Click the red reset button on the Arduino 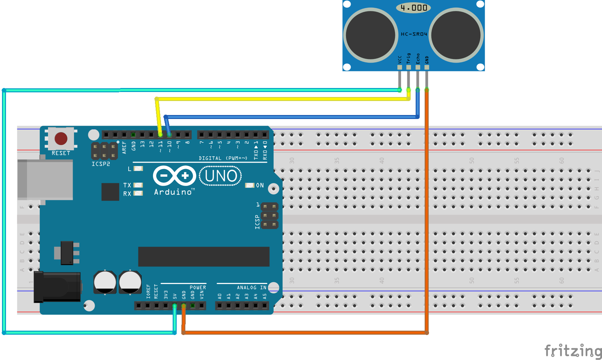pos(61,139)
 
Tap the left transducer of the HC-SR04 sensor pos(371,35)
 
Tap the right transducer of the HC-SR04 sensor pos(456,35)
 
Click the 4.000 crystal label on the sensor pos(414,8)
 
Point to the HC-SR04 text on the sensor pos(414,34)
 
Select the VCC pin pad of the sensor pos(400,67)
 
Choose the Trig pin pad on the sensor pos(409,67)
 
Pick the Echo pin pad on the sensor pos(418,67)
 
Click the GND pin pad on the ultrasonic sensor pos(427,67)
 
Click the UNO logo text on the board pos(221,176)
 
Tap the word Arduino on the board pos(173,192)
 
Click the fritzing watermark pos(573,351)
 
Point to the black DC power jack pos(57,287)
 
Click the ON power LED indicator pos(250,185)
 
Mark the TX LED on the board pos(138,185)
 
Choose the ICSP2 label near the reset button pos(101,164)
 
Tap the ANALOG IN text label pos(251,287)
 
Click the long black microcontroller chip pos(204,257)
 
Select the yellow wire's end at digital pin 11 pos(160,134)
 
